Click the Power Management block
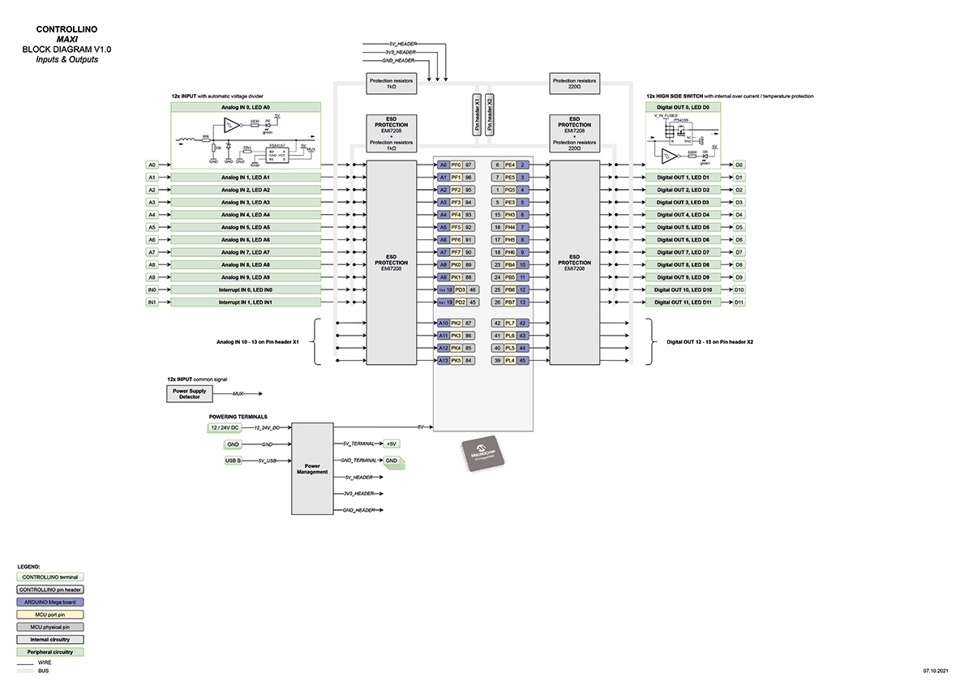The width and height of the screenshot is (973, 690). [312, 468]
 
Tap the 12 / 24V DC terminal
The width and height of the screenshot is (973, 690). [223, 427]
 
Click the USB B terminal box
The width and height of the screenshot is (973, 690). [234, 461]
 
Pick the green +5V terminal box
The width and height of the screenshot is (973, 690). [392, 444]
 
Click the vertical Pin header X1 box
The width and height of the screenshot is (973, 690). [476, 114]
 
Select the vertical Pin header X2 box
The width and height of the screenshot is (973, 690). [489, 114]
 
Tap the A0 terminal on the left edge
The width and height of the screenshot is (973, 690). [152, 165]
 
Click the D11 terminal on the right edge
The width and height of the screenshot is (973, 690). [739, 302]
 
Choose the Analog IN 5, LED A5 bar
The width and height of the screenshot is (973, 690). [246, 227]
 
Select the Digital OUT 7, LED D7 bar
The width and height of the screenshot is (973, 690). [683, 252]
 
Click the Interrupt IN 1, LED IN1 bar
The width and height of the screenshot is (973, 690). [246, 302]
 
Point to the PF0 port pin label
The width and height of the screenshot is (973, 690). [456, 165]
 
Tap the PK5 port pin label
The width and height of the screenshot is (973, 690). [456, 360]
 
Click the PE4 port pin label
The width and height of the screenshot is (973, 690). [510, 165]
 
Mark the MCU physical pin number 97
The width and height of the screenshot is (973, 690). [469, 165]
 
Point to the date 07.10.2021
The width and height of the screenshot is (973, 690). [936, 671]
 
